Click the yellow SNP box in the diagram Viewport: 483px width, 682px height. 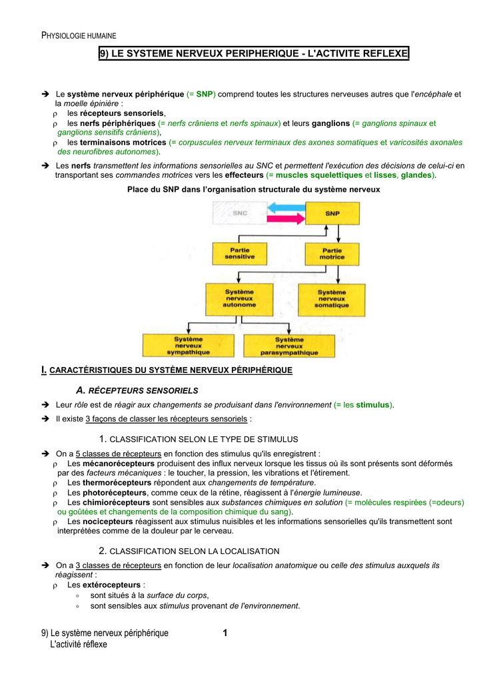pos(332,213)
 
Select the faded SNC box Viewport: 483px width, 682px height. pos(239,213)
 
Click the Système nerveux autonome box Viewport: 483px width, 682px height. pos(239,298)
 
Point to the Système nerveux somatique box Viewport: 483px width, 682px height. pos(332,298)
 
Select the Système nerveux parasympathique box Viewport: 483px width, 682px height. pos(288,345)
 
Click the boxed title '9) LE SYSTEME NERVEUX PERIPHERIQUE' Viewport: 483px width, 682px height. pos(253,53)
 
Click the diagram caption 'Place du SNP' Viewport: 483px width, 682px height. pos(253,189)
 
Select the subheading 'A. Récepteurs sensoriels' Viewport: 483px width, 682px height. pos(137,390)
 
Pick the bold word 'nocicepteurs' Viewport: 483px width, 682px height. pos(107,521)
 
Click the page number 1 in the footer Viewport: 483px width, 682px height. pos(225,633)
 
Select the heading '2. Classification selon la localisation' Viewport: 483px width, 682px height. pos(189,551)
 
